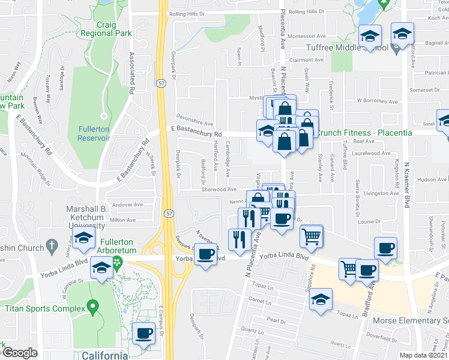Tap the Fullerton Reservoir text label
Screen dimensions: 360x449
[x=94, y=133]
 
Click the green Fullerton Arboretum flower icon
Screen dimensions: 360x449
[x=118, y=262]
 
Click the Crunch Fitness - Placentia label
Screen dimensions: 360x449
[x=364, y=133]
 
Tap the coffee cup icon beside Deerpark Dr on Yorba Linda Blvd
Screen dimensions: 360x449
[x=206, y=255]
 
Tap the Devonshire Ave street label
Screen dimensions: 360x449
[x=190, y=118]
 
